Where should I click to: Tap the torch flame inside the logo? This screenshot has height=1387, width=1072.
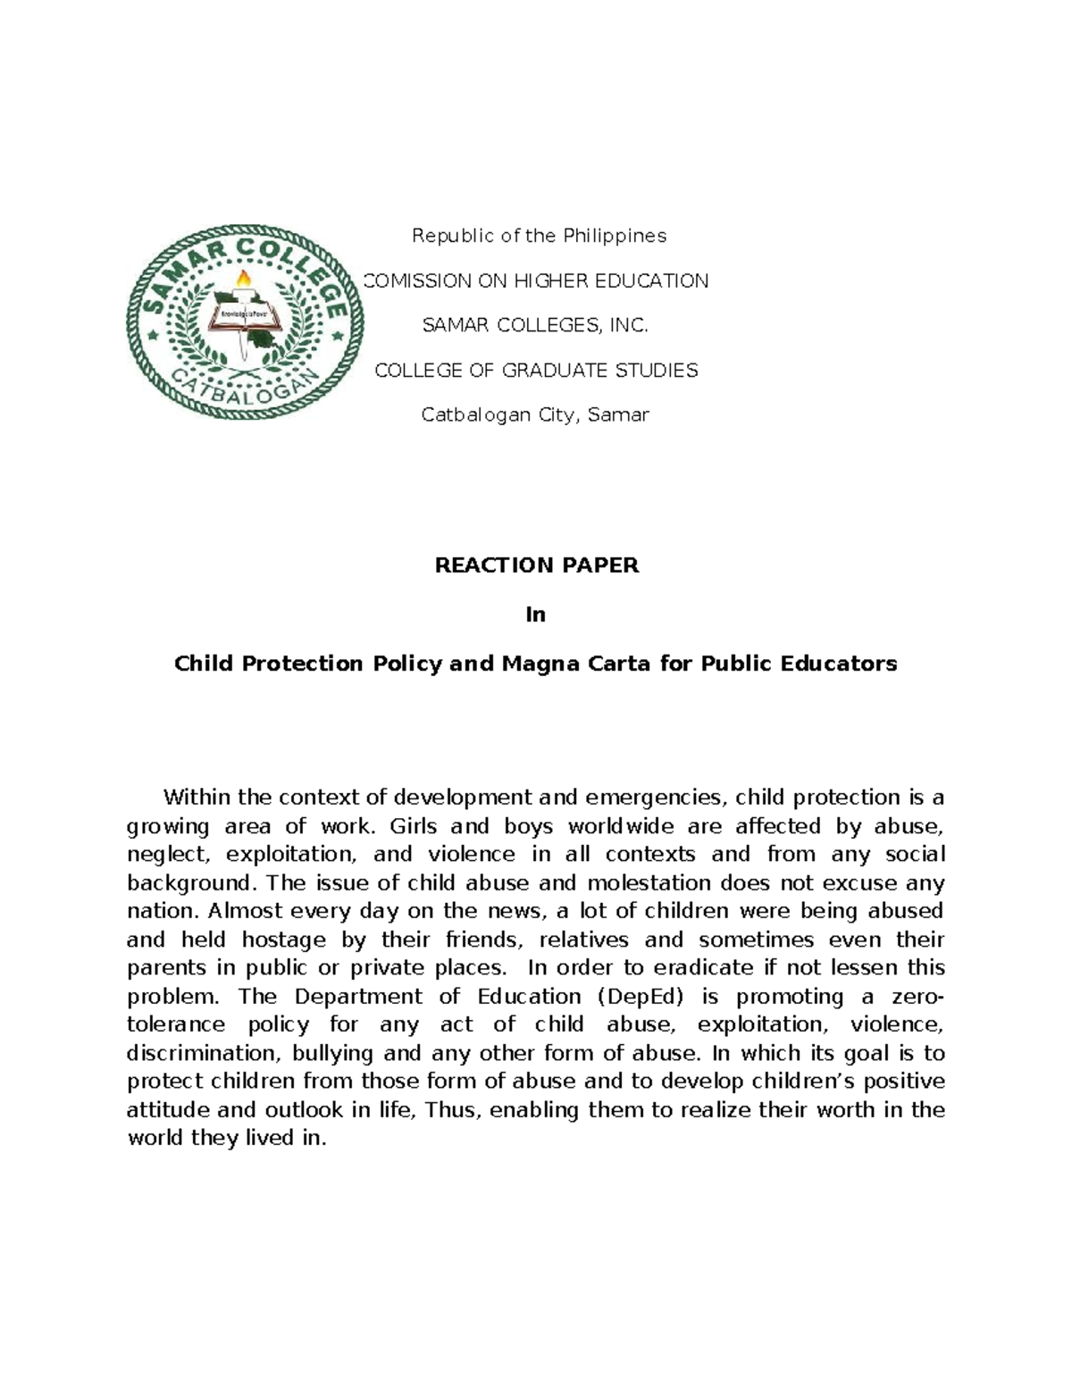click(243, 282)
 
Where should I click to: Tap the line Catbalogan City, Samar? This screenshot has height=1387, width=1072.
click(535, 415)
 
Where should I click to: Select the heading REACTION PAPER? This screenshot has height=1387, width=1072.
click(536, 565)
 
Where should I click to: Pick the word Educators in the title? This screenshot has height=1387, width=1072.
click(843, 664)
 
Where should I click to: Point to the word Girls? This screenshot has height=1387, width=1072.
click(412, 826)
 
